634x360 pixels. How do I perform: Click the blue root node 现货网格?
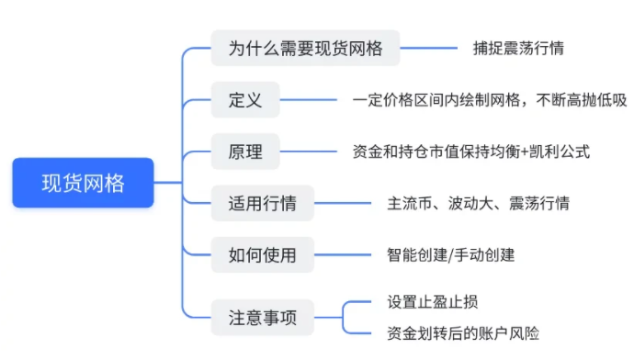83,183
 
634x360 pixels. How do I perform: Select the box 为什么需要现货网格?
305,48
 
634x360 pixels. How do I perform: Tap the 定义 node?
245,100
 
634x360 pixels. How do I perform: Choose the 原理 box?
245,152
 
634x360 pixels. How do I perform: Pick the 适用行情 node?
263,203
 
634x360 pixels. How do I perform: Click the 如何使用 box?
263,255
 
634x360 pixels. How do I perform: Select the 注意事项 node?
263,318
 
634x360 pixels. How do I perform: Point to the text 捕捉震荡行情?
518,48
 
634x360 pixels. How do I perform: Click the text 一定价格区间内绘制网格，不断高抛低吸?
490,100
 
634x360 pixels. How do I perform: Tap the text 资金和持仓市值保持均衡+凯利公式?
471,152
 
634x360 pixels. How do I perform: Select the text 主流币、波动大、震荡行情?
479,203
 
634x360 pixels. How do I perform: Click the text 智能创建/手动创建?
451,255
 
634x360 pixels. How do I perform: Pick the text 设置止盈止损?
433,302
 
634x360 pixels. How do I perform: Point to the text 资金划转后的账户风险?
463,333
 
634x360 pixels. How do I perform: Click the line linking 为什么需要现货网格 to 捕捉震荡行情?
428,48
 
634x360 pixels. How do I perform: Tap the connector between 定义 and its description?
309,100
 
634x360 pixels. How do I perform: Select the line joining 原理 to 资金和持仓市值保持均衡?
309,152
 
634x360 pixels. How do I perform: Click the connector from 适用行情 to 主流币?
343,203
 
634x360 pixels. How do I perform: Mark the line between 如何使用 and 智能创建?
343,255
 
